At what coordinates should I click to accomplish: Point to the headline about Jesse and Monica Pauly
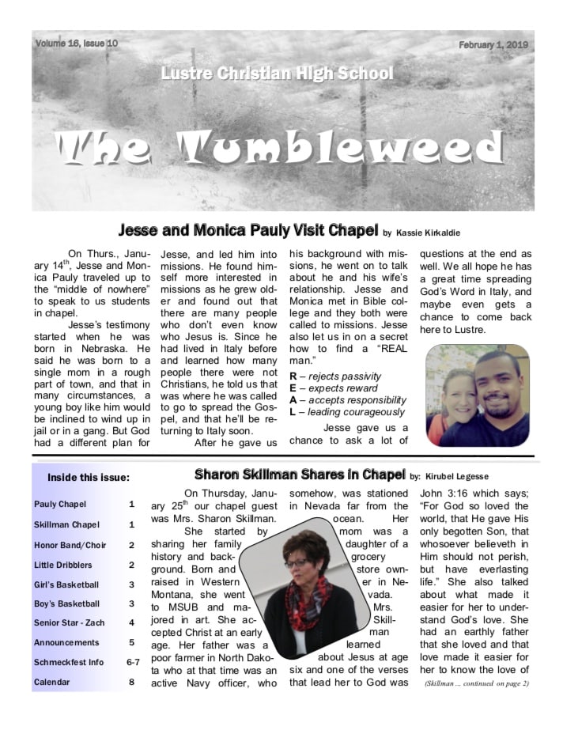point(246,231)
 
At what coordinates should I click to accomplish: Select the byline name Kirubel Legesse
point(466,477)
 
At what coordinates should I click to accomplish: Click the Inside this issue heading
point(89,477)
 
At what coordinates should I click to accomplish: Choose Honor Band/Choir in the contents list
point(70,545)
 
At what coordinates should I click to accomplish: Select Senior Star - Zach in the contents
point(72,623)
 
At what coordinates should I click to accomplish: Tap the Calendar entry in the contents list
point(53,682)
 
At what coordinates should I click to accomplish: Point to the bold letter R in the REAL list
point(293,375)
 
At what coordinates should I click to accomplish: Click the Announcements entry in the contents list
point(66,643)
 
